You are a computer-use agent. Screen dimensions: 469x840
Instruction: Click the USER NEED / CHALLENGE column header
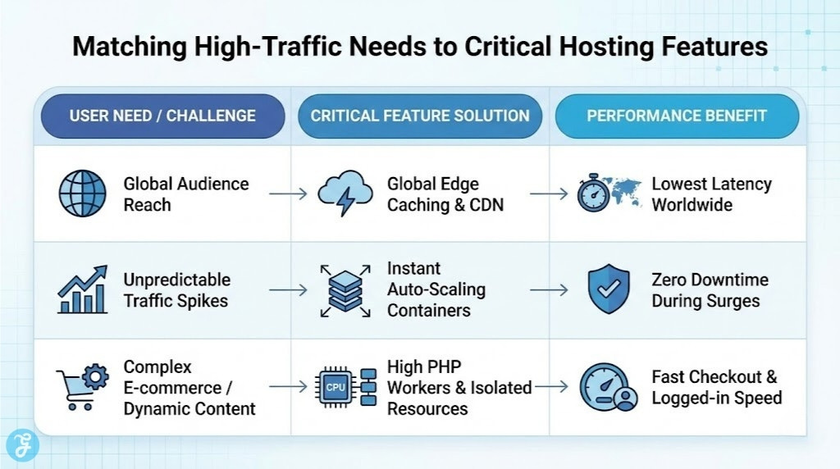pos(162,116)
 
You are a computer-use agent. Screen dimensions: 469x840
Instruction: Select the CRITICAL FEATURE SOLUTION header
pos(419,116)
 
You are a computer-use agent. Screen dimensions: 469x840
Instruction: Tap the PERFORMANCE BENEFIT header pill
pos(677,116)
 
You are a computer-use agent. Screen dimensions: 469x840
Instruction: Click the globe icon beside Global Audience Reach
pos(82,194)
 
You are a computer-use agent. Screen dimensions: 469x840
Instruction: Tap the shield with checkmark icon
pos(609,289)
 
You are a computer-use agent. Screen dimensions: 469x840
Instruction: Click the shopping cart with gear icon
pos(82,386)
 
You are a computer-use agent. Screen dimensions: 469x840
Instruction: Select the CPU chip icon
pos(336,386)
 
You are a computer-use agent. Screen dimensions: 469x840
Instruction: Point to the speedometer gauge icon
pos(607,386)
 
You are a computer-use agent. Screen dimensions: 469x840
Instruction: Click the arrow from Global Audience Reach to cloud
pos(288,194)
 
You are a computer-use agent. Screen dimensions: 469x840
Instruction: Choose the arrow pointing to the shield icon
pos(549,289)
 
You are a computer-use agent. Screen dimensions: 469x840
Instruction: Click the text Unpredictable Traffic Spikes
pos(177,290)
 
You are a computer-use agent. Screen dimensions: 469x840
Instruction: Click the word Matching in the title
pos(126,47)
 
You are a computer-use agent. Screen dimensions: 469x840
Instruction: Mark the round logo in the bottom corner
pos(22,445)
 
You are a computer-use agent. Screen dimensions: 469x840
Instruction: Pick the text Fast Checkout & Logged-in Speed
pos(716,387)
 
